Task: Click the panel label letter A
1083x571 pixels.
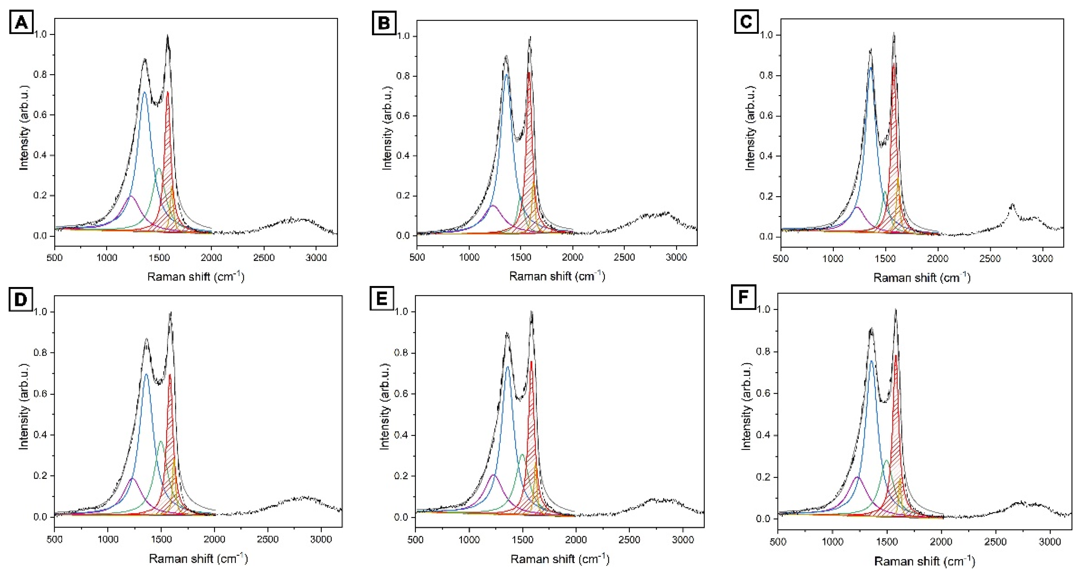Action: point(21,22)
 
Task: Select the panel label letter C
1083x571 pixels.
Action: point(746,21)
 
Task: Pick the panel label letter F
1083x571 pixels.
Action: point(743,297)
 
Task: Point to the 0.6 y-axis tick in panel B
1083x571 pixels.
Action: point(403,116)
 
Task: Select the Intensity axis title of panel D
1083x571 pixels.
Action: point(24,407)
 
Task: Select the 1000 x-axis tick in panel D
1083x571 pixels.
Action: point(108,539)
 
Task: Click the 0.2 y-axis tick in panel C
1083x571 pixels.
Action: point(766,197)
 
